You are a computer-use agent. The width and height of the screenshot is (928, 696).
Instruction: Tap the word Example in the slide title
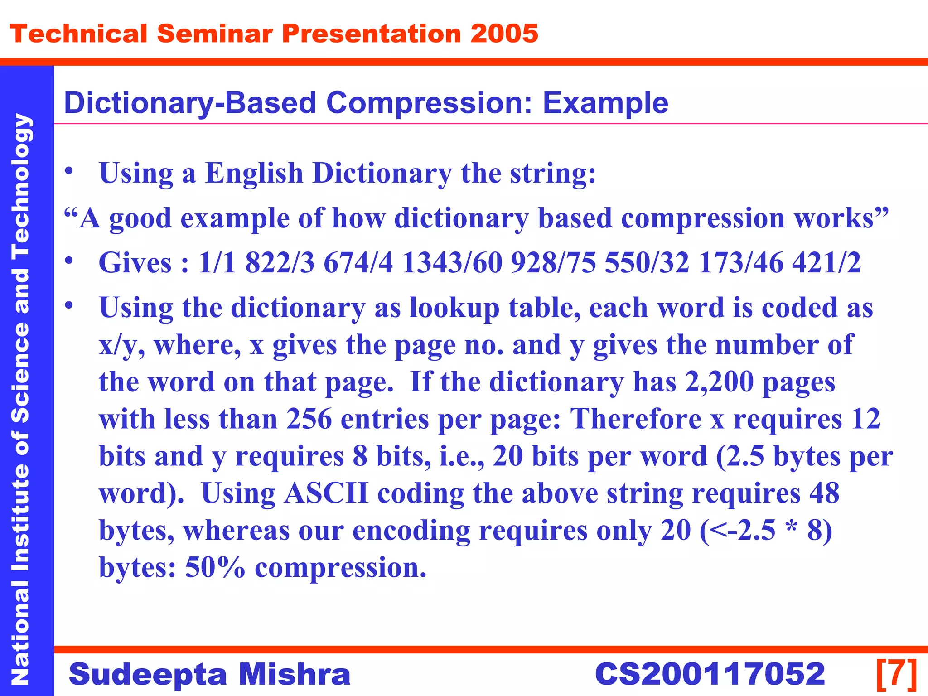pos(605,102)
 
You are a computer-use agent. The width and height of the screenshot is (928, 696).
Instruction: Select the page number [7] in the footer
pos(897,674)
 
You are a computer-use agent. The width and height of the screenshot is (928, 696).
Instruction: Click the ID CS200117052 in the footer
pos(710,674)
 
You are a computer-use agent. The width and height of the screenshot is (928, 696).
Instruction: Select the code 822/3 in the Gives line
pos(280,262)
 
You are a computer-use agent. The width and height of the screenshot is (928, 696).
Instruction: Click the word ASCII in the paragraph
pos(326,493)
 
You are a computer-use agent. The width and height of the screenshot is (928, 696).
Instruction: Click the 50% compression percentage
pos(215,567)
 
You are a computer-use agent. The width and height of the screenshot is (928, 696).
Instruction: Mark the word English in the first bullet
pos(254,173)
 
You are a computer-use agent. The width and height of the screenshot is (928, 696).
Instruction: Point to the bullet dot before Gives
pos(69,261)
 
